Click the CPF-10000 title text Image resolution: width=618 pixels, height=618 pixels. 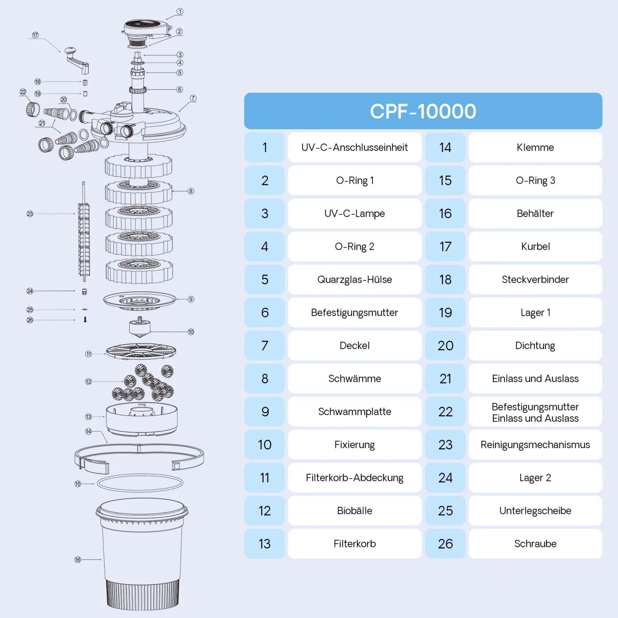point(423,111)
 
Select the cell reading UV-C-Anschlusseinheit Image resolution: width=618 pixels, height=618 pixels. point(355,147)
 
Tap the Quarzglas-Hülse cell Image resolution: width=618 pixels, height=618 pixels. point(355,279)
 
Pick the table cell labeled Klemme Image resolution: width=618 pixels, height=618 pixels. point(535,147)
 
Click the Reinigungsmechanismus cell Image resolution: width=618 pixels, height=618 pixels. point(535,444)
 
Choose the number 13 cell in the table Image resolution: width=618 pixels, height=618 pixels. point(265,544)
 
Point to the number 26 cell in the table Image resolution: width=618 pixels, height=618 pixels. point(445,544)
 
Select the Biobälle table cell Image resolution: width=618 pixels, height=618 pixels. point(355,511)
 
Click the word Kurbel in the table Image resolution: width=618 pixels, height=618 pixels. point(535,246)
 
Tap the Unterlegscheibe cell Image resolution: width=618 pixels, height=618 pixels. point(535,511)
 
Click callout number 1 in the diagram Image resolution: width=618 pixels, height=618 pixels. point(180,11)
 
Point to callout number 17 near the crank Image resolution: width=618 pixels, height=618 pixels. point(35,35)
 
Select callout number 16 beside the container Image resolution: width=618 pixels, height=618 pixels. point(78,559)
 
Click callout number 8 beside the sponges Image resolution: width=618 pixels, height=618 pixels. point(191,191)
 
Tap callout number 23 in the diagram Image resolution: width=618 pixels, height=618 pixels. point(30,214)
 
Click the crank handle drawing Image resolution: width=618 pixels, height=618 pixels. point(77,61)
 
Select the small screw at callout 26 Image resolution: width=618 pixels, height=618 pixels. point(85,319)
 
